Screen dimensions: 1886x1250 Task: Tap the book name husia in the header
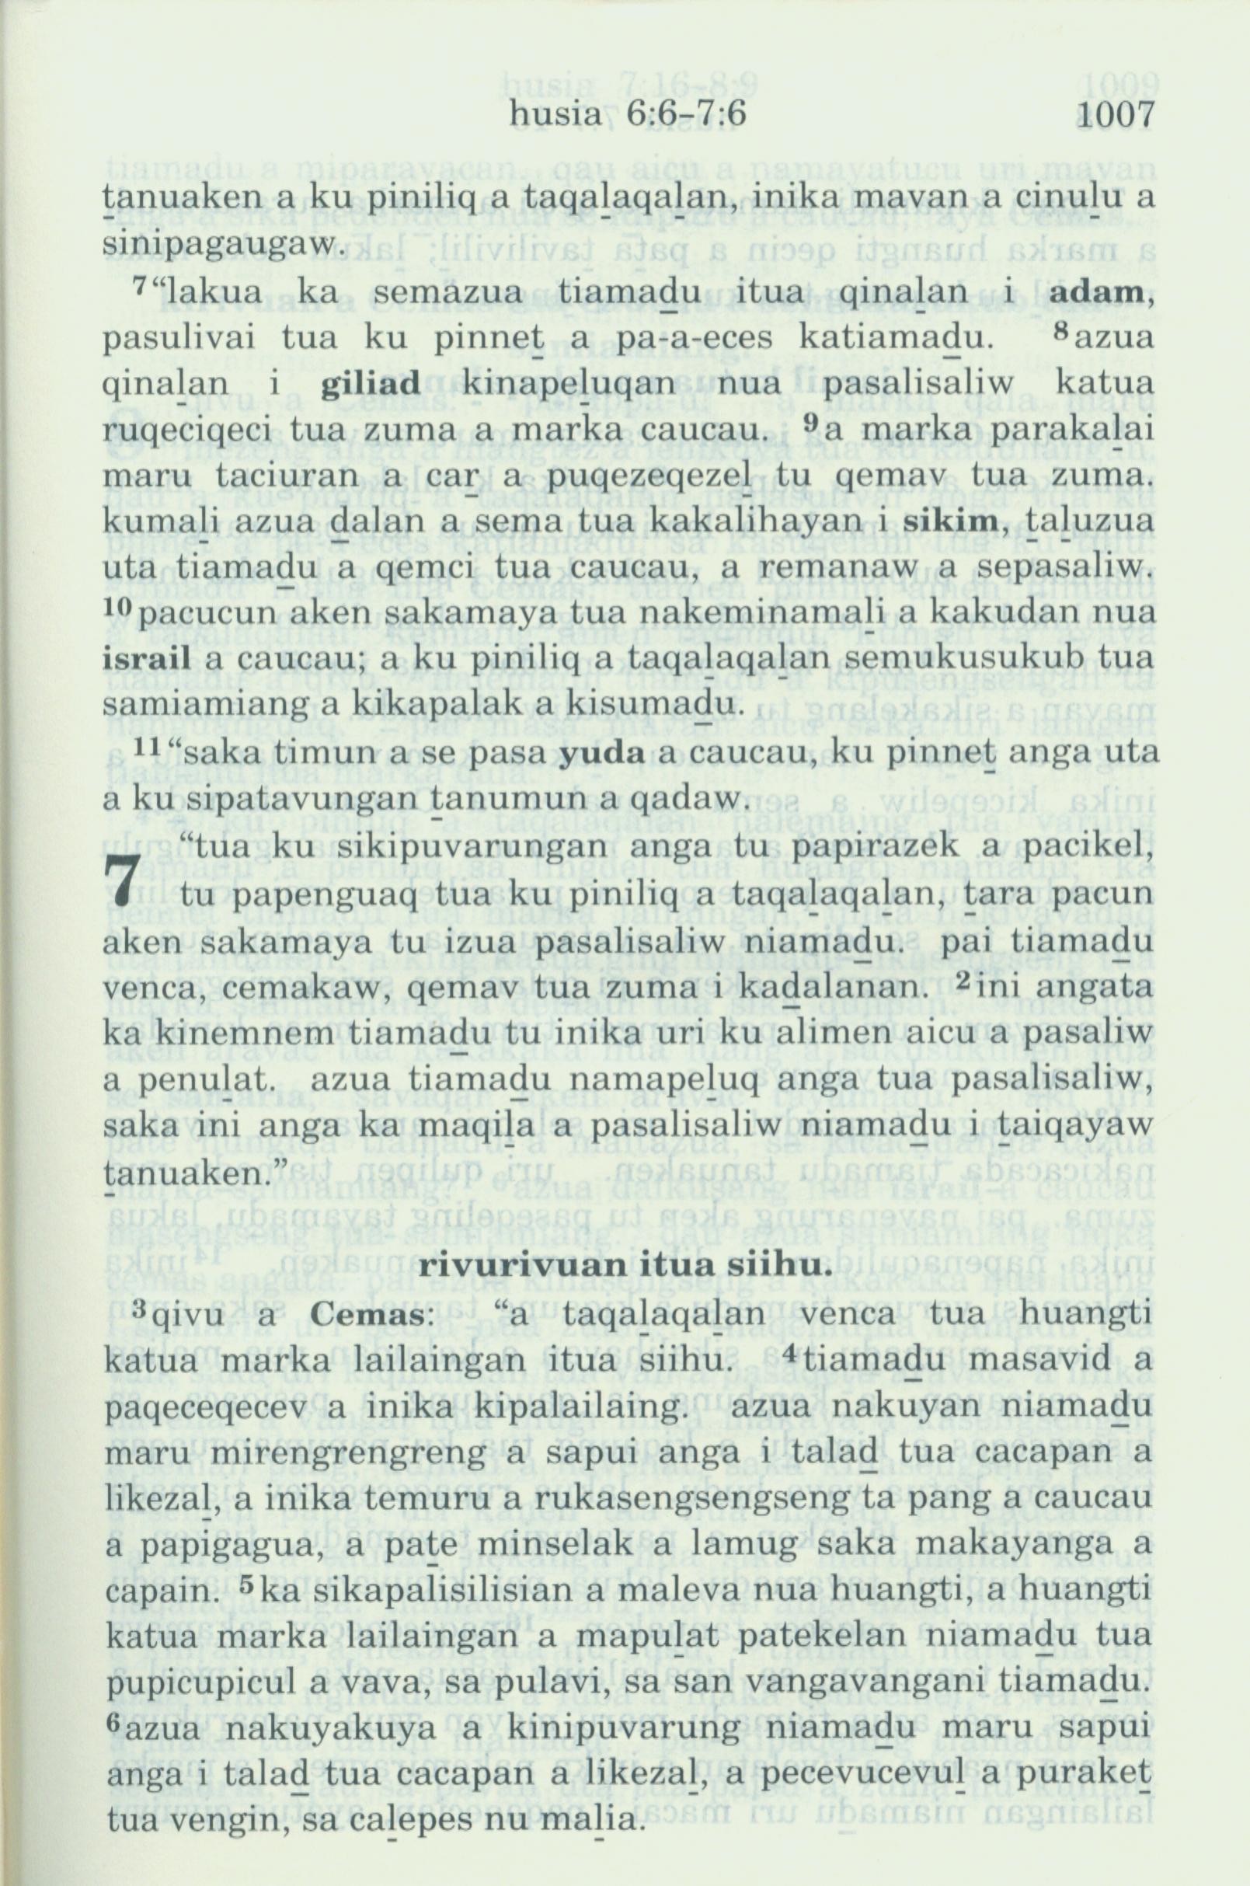(550, 117)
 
